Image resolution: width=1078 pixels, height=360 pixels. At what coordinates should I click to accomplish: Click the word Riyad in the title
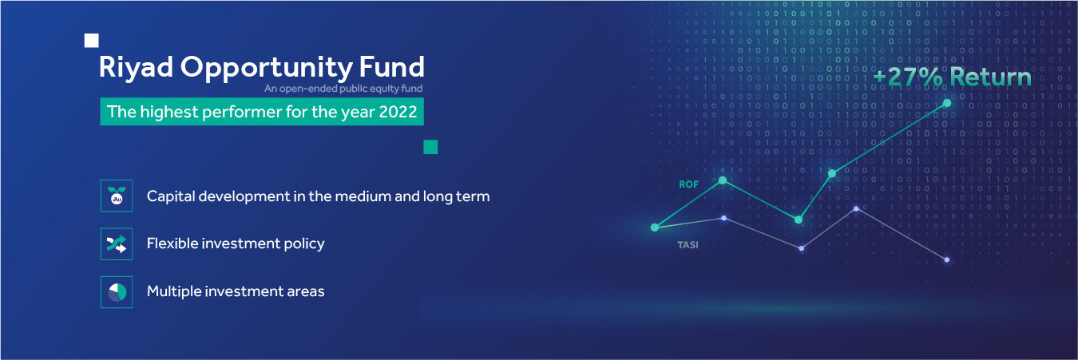pyautogui.click(x=136, y=68)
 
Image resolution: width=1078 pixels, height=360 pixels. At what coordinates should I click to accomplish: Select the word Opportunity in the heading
pyautogui.click(x=267, y=68)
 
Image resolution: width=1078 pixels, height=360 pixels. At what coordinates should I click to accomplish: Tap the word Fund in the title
pyautogui.click(x=392, y=66)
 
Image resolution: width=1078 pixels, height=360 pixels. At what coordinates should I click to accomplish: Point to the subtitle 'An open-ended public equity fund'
pyautogui.click(x=343, y=89)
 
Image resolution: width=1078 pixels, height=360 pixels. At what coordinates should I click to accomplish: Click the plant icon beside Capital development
pyautogui.click(x=117, y=196)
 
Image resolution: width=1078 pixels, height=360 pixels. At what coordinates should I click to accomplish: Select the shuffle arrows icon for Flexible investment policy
pyautogui.click(x=117, y=244)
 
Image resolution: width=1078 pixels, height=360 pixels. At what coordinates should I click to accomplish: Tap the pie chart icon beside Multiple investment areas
pyautogui.click(x=117, y=291)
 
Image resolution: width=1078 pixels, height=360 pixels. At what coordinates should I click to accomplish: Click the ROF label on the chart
pyautogui.click(x=688, y=184)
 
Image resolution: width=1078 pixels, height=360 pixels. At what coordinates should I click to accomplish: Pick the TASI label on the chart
pyautogui.click(x=688, y=245)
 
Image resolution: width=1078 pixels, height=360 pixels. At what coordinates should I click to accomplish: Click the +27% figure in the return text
pyautogui.click(x=908, y=77)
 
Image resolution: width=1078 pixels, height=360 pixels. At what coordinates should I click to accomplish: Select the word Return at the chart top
pyautogui.click(x=991, y=77)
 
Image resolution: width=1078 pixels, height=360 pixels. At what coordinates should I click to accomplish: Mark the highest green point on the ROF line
pyautogui.click(x=947, y=103)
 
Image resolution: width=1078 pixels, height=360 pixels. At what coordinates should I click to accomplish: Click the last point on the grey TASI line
pyautogui.click(x=946, y=260)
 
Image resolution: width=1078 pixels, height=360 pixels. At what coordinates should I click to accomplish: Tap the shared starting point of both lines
pyautogui.click(x=655, y=227)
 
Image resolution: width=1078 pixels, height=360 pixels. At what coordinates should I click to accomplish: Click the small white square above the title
pyautogui.click(x=92, y=41)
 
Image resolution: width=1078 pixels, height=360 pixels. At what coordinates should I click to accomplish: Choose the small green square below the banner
pyautogui.click(x=430, y=147)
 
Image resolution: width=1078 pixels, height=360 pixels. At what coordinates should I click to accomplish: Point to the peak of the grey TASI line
pyautogui.click(x=856, y=209)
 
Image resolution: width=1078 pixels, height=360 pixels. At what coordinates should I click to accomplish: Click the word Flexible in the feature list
pyautogui.click(x=172, y=243)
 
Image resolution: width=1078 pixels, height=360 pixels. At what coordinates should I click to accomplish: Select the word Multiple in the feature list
pyautogui.click(x=174, y=291)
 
